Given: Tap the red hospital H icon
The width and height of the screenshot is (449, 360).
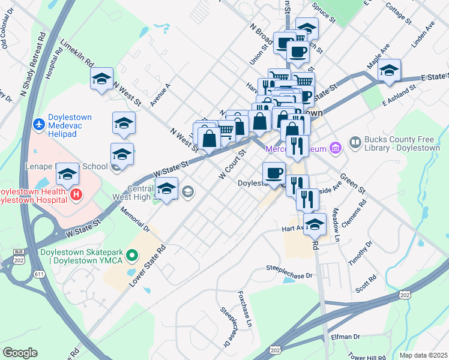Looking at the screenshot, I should [76, 194].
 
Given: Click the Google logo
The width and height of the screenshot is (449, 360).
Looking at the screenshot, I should [20, 353].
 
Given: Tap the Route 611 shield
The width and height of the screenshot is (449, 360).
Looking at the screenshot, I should [40, 273].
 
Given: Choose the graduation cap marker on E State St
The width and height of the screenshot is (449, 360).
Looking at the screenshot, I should [389, 71].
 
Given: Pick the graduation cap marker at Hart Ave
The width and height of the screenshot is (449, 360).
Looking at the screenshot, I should [315, 224].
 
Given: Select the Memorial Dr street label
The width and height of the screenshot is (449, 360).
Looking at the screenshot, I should [134, 219].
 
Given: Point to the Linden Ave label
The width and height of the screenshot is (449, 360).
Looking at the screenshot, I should [422, 37].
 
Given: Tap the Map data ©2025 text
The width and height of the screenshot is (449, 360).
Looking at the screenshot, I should [423, 355].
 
